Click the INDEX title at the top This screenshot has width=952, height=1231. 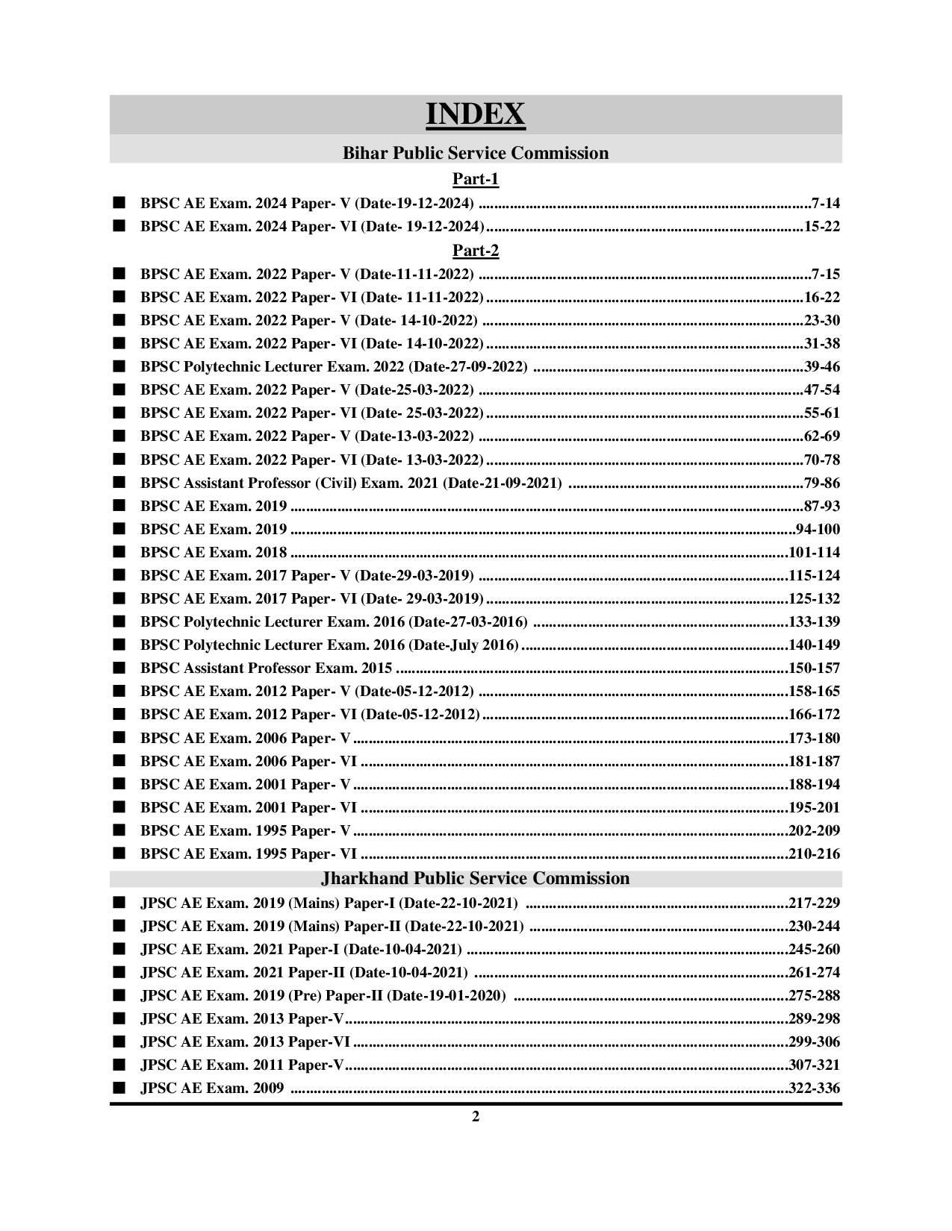pos(476,114)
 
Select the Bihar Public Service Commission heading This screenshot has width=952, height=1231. pos(476,153)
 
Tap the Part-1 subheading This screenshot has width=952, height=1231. pos(476,179)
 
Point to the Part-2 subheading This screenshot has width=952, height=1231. pos(476,250)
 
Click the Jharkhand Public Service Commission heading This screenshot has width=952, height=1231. pos(476,878)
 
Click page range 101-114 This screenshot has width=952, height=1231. pos(814,552)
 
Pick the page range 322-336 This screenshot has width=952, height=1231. pos(814,1088)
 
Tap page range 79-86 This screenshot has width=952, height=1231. pos(821,483)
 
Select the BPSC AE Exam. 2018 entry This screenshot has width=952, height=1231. pos(214,552)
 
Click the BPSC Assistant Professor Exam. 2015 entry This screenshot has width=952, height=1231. pos(266,668)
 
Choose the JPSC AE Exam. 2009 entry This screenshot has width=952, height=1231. pos(212,1088)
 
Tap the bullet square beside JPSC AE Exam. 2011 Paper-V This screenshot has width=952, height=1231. pos(119,1065)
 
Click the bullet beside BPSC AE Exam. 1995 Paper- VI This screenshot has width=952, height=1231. pos(119,853)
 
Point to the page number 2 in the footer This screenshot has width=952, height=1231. pos(476,1117)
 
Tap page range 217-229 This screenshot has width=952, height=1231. pos(814,903)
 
